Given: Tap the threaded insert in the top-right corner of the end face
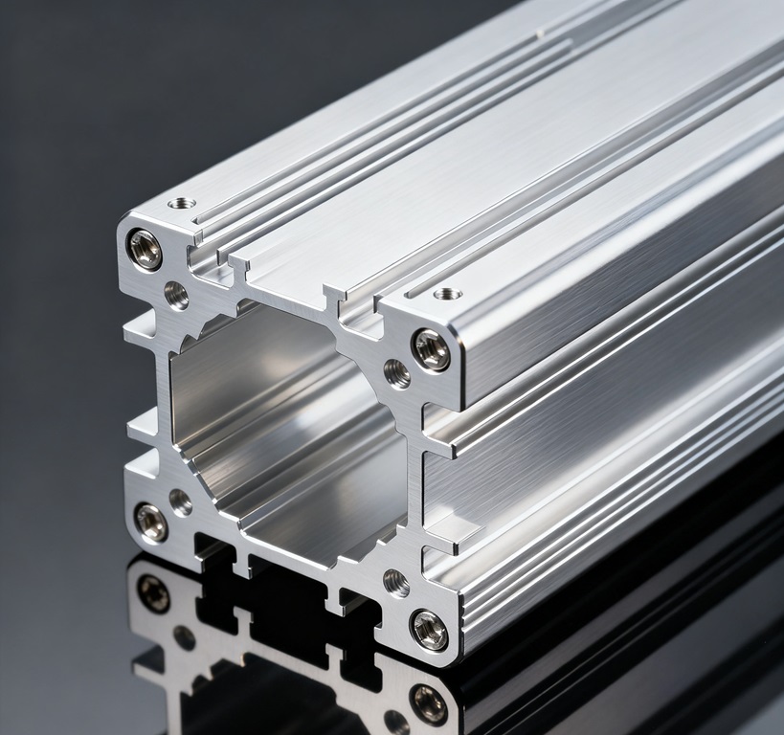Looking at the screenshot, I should point(432,350).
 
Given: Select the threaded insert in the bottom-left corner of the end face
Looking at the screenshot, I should point(151,523).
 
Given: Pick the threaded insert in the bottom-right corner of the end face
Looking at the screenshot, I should point(429,629).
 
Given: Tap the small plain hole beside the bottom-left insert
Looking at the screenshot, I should point(180,501).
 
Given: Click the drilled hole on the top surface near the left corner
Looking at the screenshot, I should point(181,204).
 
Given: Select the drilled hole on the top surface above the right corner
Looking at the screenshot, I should point(447,293).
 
